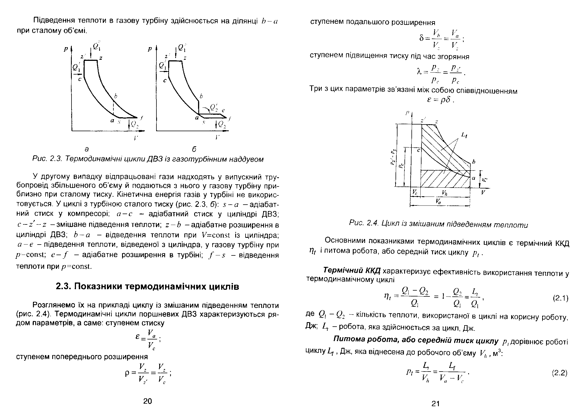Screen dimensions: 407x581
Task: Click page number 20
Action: tap(147, 401)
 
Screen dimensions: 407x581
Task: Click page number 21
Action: tap(436, 403)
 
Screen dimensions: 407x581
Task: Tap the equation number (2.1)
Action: tap(561, 298)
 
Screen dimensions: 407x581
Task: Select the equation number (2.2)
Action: tap(560, 373)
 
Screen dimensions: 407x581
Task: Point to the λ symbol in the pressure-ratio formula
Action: tap(419, 72)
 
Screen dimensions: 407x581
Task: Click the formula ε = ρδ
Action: tap(441, 100)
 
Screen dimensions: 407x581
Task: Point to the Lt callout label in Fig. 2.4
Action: tap(464, 135)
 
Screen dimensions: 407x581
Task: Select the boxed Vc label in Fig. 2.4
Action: tap(415, 193)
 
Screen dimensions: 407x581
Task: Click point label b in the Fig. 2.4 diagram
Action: tap(474, 162)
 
